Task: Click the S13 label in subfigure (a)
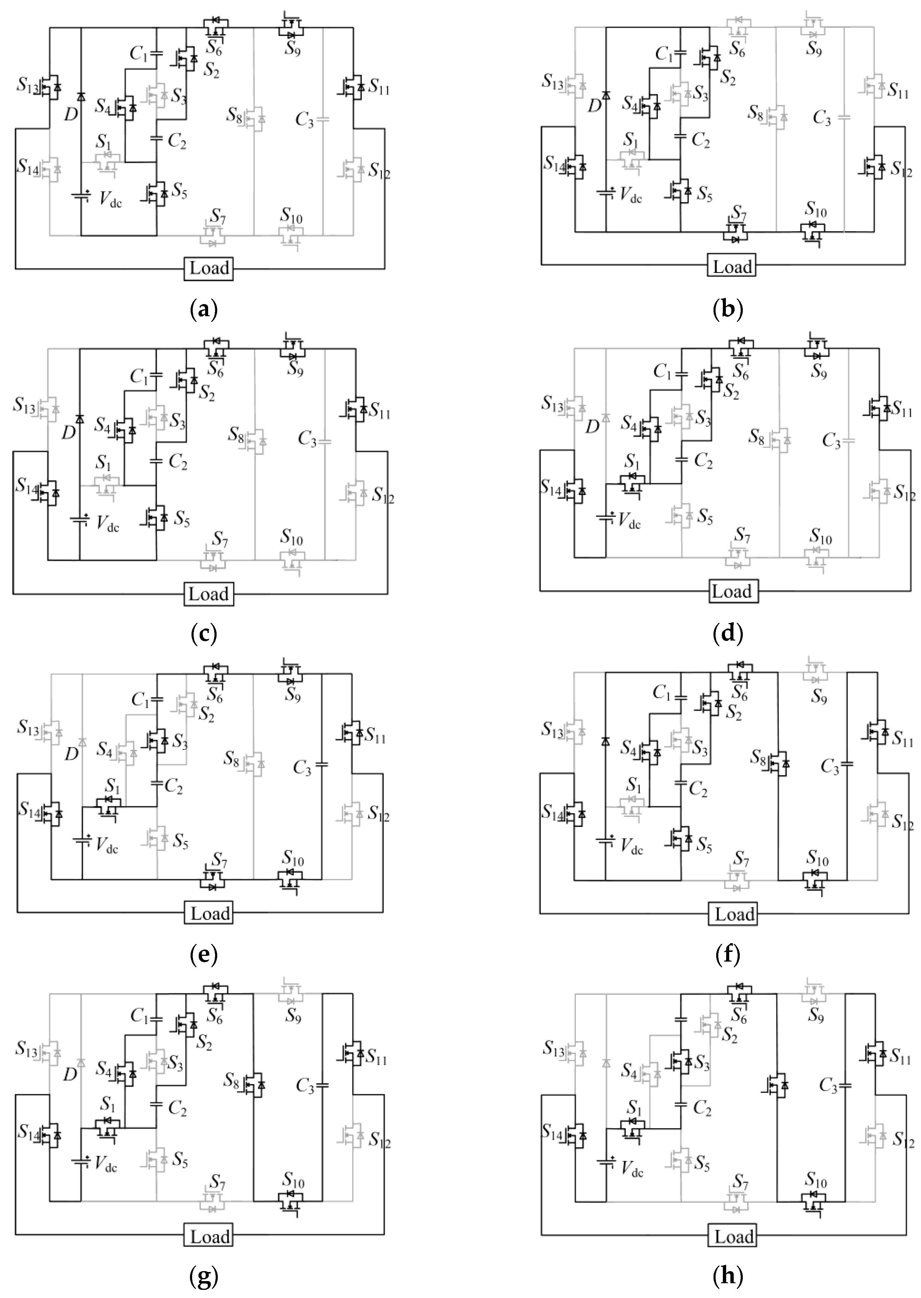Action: click(x=27, y=86)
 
